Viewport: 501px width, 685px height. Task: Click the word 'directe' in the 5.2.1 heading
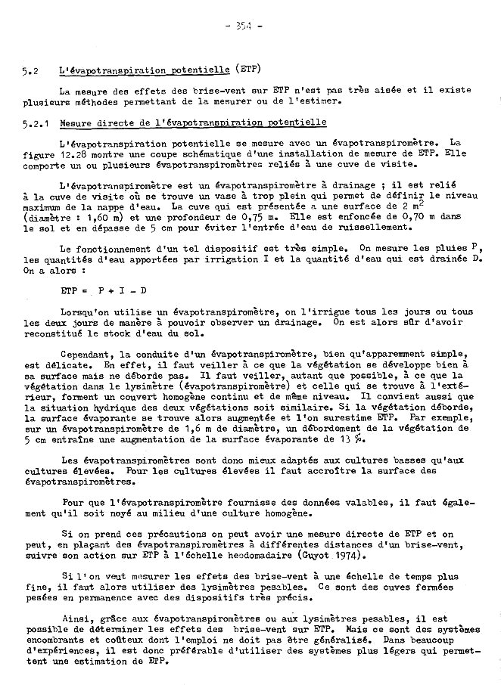110,122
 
